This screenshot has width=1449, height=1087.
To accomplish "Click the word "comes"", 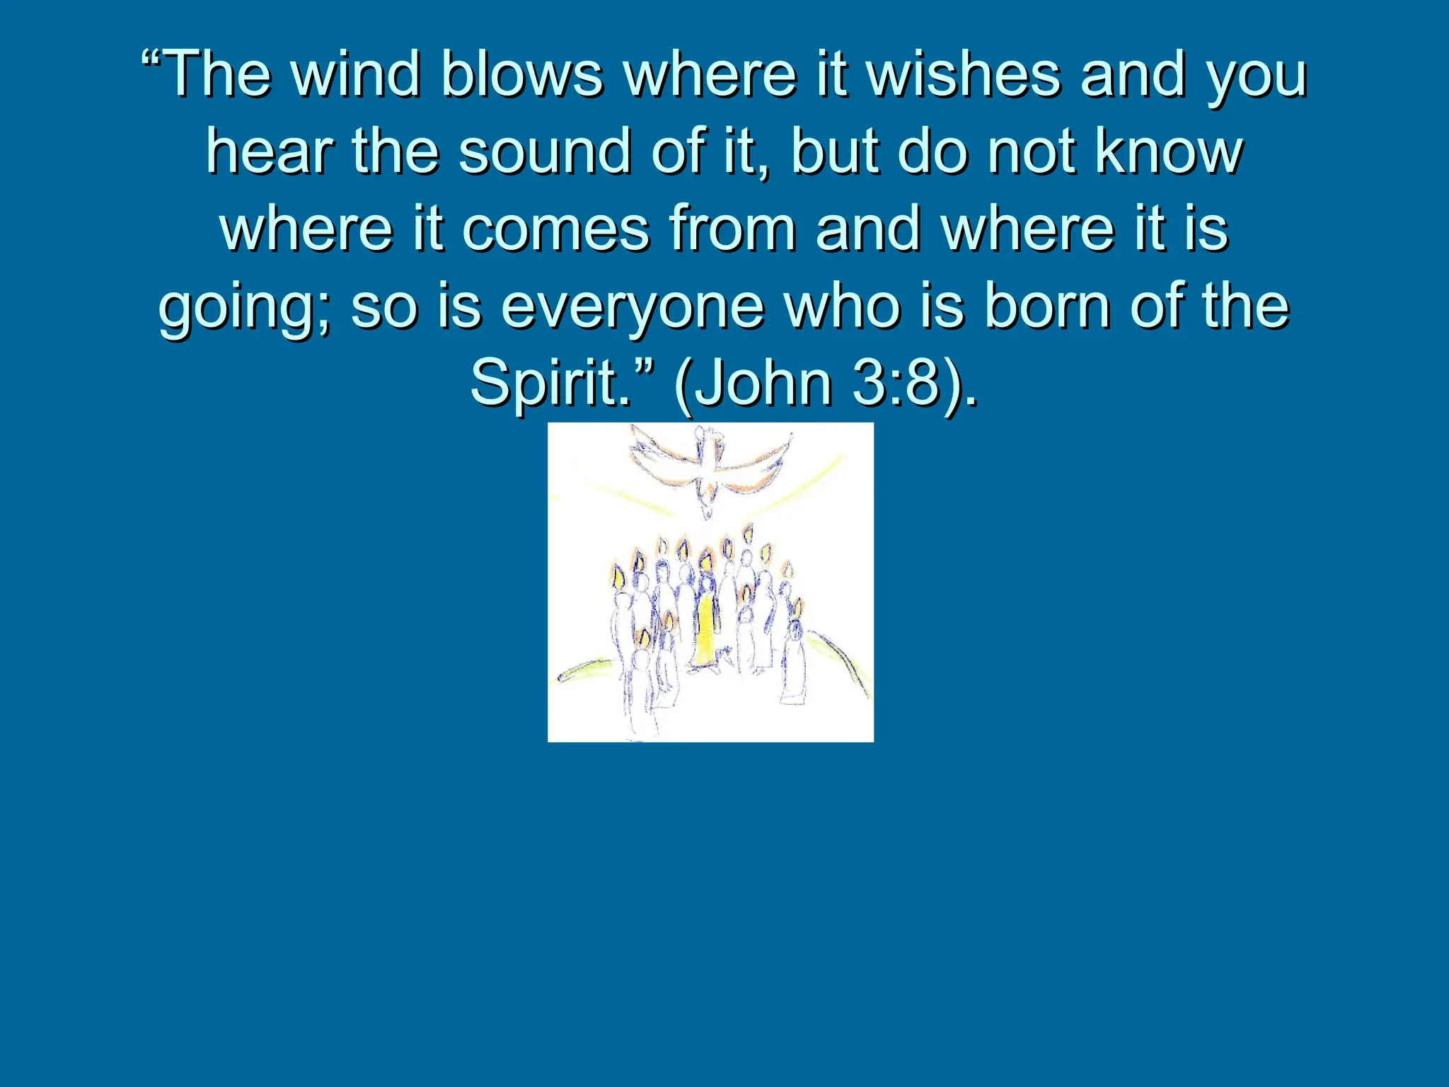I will (x=555, y=230).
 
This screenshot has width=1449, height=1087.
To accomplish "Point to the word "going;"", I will (x=245, y=310).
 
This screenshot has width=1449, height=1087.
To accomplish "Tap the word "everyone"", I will (x=633, y=310).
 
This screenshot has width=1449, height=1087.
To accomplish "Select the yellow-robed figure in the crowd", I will (x=705, y=630).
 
